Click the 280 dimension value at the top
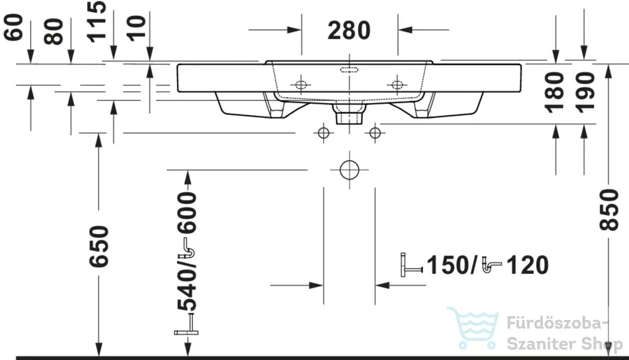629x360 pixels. [x=349, y=31]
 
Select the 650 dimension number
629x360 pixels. [x=99, y=246]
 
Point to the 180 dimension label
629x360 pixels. [x=555, y=92]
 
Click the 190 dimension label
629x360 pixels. [x=585, y=92]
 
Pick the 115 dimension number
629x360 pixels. [x=96, y=22]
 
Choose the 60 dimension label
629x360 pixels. [x=14, y=27]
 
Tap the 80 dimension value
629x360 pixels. [x=54, y=31]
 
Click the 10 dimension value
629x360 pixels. [x=136, y=28]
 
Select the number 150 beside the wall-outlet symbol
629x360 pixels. [x=448, y=265]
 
